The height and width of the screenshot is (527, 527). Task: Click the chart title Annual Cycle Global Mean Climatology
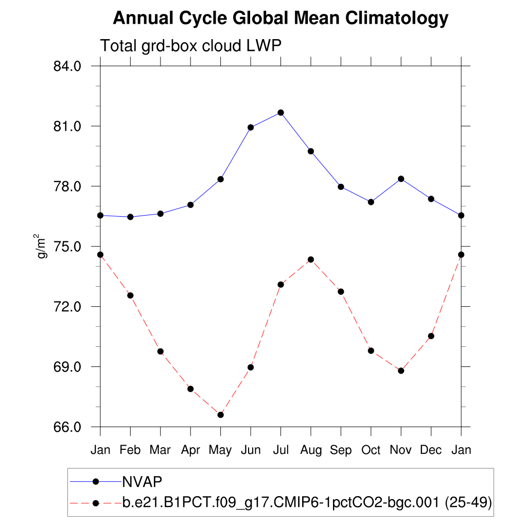point(280,19)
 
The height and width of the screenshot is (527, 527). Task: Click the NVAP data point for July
point(280,113)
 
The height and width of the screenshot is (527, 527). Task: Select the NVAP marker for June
point(251,128)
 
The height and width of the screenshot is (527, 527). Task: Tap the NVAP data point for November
point(401,179)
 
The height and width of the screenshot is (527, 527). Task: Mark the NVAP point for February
point(130,217)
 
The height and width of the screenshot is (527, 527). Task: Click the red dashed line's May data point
point(220,415)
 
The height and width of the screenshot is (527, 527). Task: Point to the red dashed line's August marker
point(311,259)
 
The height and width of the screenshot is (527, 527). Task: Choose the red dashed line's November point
point(401,371)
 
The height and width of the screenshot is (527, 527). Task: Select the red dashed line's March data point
point(160,352)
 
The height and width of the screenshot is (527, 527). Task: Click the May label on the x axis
point(220,450)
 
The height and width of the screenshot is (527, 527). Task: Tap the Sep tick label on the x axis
point(341,450)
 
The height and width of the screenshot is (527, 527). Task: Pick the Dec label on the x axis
point(431,450)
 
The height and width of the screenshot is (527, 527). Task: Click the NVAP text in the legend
point(142,482)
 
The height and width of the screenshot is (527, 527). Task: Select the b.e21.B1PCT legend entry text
point(307,503)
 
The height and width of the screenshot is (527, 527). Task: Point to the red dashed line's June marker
point(251,367)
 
